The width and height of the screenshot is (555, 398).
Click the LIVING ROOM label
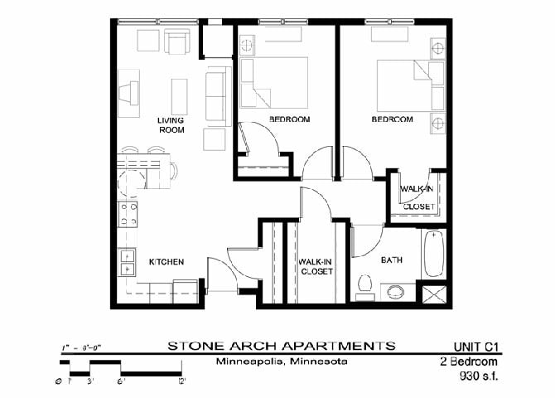tap(171, 125)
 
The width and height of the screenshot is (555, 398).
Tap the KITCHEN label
tap(166, 262)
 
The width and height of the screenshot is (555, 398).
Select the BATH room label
tap(391, 260)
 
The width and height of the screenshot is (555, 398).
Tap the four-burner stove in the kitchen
tap(128, 215)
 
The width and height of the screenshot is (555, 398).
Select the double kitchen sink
tap(128, 263)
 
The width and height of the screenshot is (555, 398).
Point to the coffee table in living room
tap(179, 95)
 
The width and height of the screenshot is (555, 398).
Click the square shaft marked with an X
tap(435, 294)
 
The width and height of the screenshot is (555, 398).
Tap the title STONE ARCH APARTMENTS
tap(282, 345)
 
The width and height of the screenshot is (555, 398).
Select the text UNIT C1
tap(480, 346)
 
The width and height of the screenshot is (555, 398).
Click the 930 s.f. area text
tap(482, 376)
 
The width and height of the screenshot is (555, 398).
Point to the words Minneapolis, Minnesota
tap(282, 362)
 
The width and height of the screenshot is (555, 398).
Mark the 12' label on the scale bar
tap(181, 381)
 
